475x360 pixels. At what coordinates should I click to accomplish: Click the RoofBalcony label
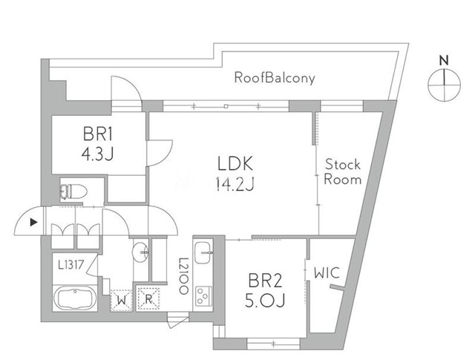[275, 77]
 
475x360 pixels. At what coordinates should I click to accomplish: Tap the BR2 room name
[266, 281]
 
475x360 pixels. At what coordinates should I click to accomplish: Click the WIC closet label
[326, 273]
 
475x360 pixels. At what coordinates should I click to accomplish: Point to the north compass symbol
[444, 83]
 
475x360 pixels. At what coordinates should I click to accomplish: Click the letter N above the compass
[444, 59]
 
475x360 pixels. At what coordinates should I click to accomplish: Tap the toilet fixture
[72, 191]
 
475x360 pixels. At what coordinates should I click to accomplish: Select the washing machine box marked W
[121, 300]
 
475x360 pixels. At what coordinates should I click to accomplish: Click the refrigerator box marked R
[149, 299]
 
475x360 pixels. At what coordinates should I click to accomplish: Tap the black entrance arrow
[32, 221]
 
